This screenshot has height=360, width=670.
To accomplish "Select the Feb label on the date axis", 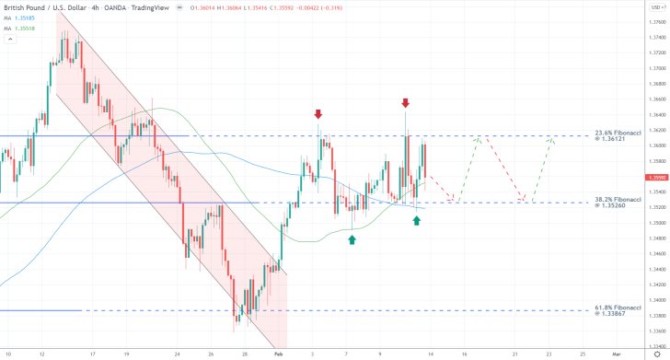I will coord(278,353).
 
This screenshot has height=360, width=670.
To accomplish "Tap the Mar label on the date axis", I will coord(617,353).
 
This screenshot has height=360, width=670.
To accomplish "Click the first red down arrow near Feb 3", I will coord(318,114).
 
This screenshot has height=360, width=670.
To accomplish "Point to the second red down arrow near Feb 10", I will coord(405,102).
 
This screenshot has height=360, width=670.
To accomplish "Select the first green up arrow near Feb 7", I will coord(352,239).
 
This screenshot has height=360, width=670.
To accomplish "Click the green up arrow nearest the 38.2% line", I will coord(417,221).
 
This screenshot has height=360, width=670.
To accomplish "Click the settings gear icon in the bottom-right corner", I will coord(656,353).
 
